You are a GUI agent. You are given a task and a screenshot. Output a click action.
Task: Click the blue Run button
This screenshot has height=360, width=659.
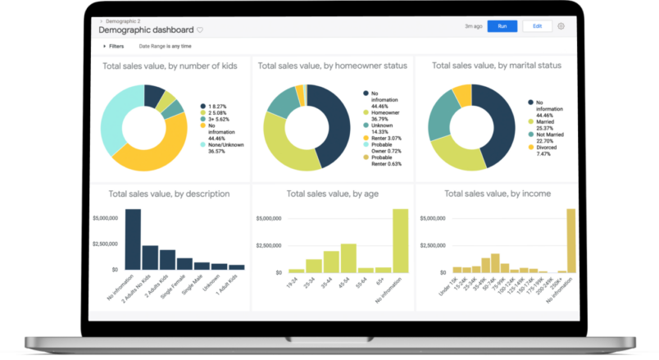[502, 26]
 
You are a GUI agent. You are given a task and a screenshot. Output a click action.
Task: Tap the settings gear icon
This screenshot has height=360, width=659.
[561, 26]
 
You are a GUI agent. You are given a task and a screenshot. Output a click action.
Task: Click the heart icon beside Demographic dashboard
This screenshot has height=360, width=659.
[200, 30]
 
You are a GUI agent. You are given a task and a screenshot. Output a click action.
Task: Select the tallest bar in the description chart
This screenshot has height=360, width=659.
[133, 239]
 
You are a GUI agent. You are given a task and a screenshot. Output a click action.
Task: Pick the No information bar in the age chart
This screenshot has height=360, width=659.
[401, 239]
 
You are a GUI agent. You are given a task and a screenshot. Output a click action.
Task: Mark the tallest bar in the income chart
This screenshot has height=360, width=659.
[571, 239]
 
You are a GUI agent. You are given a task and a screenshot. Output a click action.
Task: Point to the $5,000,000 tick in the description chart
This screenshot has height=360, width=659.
[104, 218]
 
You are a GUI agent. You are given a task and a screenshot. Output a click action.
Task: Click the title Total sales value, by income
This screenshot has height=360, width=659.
[497, 194]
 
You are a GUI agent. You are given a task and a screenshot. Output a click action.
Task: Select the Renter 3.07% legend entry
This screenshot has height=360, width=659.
[384, 138]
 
